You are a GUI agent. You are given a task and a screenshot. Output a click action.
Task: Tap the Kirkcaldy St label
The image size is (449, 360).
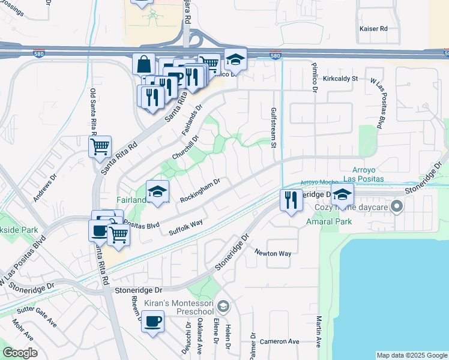point(340,79)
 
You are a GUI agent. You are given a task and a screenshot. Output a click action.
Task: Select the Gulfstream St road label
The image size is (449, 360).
point(273,127)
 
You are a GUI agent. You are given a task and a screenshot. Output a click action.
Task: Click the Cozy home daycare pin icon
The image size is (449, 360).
point(396,207)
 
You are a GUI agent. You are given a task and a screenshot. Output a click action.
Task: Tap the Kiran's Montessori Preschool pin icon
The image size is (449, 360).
point(223,307)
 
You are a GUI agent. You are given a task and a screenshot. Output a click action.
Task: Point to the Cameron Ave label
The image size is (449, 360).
point(279,341)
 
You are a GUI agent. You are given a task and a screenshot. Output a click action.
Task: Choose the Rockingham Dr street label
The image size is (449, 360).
point(200,190)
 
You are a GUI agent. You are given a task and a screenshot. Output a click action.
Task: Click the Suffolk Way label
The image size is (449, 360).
point(185,227)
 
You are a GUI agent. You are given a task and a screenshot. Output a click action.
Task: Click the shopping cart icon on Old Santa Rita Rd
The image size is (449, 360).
point(100,146)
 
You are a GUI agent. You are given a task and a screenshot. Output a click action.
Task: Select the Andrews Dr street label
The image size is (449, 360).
point(44,188)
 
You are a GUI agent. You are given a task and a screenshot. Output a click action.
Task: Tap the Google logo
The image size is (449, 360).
point(20,353)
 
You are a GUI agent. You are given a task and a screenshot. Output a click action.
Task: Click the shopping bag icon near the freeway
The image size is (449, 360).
point(144,64)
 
